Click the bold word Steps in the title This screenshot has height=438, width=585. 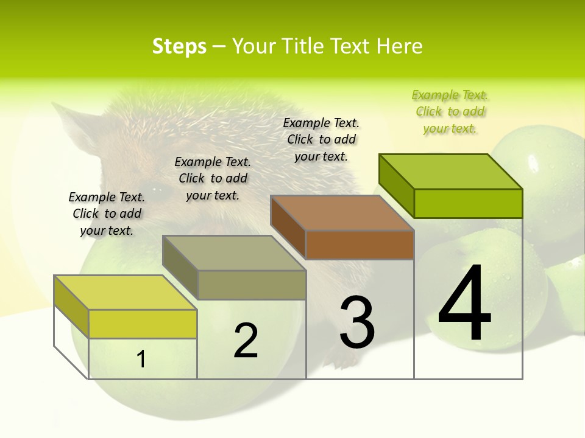(179, 46)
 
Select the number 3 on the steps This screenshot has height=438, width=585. (357, 322)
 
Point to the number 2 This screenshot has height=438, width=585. (246, 341)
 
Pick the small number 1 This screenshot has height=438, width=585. (141, 359)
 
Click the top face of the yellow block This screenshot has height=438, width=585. (125, 293)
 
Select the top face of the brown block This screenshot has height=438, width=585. (342, 213)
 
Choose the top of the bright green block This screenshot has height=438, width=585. (450, 172)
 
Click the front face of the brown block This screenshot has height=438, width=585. (360, 245)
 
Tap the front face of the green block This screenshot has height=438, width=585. (468, 204)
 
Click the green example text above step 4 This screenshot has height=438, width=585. (450, 112)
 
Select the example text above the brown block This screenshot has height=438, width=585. (321, 139)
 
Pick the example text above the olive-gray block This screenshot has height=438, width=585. (213, 178)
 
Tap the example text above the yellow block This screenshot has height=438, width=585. (107, 214)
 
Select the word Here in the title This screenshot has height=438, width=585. (399, 46)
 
